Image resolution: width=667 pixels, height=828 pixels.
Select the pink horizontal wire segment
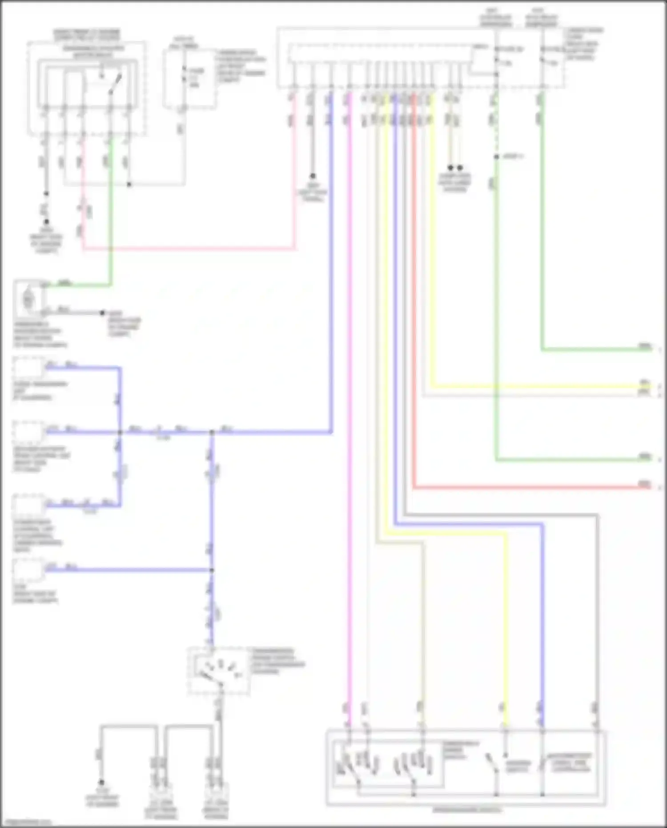coord(187,250)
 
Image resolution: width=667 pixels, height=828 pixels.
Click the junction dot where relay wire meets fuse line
coord(129,184)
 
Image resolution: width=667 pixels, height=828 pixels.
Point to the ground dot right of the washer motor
coord(102,313)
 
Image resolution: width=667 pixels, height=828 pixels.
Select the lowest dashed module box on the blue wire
coord(28,571)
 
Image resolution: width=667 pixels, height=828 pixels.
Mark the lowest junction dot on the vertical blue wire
coord(212,570)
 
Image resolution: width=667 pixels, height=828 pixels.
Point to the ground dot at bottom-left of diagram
coord(101,782)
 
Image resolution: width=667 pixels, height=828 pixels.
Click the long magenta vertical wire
coord(350,400)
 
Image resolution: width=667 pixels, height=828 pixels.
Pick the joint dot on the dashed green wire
coord(496,157)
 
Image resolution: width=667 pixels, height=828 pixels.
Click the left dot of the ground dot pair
coord(450,168)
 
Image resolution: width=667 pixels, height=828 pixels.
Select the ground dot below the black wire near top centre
coord(313,176)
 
